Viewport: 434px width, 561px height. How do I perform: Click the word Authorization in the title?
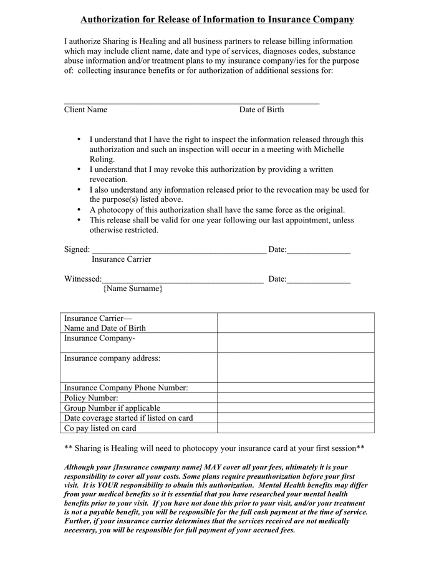pos(110,20)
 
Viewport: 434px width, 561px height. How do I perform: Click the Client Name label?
pos(85,110)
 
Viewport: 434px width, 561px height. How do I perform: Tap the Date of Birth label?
pos(261,110)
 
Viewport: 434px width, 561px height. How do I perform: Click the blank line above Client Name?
pos(191,102)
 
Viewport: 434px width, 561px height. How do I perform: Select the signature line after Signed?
pos(178,251)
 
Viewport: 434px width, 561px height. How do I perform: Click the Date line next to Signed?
pos(319,251)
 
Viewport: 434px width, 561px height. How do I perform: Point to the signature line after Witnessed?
pos(182,280)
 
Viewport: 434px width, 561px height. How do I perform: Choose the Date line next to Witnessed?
pos(319,280)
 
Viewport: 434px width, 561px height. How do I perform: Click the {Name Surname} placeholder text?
pos(133,289)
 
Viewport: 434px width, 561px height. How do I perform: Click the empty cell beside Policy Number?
pos(296,398)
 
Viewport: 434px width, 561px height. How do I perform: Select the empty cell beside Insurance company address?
pos(296,368)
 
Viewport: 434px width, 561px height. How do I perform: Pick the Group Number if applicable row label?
pos(112,408)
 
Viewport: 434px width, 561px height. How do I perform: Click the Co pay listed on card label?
pos(100,428)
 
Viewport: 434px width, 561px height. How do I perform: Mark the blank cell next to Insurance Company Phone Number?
pos(296,388)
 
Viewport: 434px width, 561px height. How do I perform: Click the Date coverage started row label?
pos(128,418)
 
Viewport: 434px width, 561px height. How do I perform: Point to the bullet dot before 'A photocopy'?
pos(79,210)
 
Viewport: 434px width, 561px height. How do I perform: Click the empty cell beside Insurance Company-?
pos(296,342)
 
